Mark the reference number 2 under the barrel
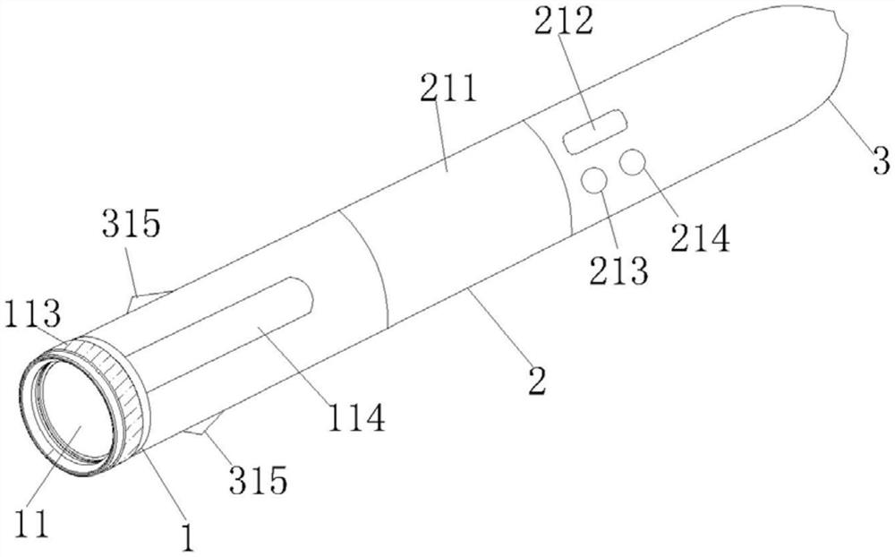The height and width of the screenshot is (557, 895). coord(536,380)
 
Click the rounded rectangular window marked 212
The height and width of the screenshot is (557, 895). coord(593,131)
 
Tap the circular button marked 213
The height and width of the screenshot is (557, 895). coord(594,180)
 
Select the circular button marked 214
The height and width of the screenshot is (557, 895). coord(633,162)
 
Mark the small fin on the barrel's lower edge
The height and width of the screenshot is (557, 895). coord(204,428)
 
